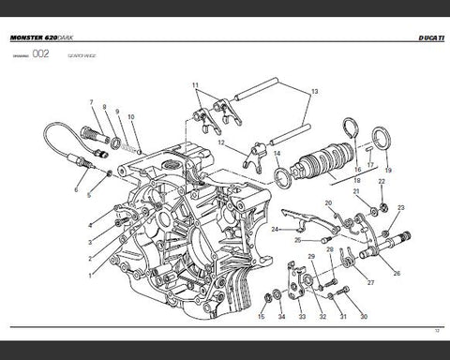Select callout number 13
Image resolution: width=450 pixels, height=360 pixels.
314,91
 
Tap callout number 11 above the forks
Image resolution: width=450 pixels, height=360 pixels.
197,85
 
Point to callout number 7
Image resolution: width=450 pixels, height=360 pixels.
90,101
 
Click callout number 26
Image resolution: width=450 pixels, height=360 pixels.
396,273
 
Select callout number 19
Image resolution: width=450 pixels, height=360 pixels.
387,171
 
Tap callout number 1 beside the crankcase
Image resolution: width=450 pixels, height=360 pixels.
90,277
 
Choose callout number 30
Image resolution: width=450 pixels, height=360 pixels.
364,318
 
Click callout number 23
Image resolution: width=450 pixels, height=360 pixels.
401,207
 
